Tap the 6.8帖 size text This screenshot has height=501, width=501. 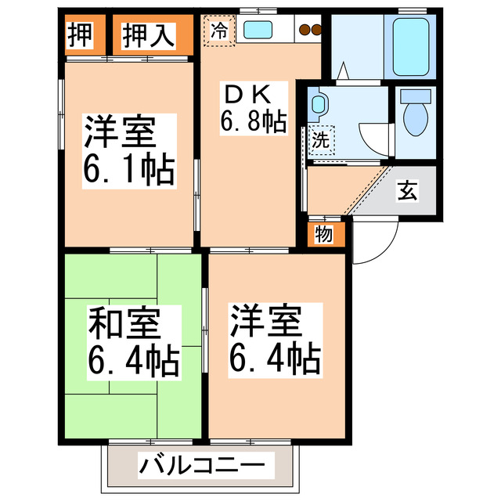[x=251, y=122]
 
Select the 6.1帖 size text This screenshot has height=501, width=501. [x=128, y=170]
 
